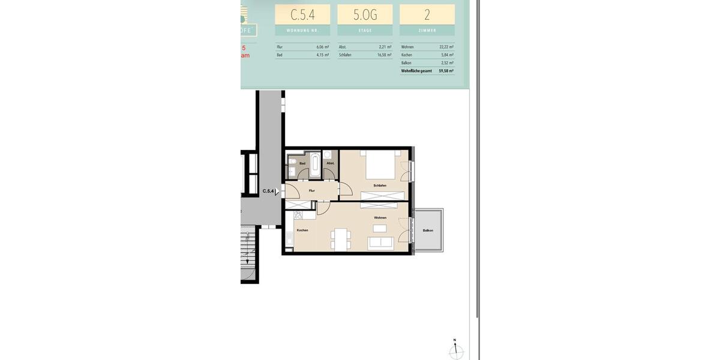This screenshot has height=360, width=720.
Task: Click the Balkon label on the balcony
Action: pyautogui.click(x=427, y=230)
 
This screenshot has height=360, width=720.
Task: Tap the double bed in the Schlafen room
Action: pyautogui.click(x=379, y=165)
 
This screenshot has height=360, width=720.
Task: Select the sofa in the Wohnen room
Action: pyautogui.click(x=380, y=242)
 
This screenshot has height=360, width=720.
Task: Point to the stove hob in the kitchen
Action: pyautogui.click(x=300, y=215)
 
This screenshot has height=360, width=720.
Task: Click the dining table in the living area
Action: pyautogui.click(x=341, y=239)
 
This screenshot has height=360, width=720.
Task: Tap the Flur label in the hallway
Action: pyautogui.click(x=311, y=191)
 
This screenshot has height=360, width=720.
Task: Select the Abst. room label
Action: pyautogui.click(x=330, y=163)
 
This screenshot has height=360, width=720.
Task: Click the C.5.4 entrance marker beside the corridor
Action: pyautogui.click(x=268, y=191)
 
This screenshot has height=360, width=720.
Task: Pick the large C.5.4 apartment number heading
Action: pyautogui.click(x=302, y=14)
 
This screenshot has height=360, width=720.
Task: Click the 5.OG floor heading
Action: pyautogui.click(x=365, y=14)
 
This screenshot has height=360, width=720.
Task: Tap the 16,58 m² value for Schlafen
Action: pyautogui.click(x=385, y=55)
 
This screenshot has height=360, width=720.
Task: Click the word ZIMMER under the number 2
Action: pyautogui.click(x=427, y=30)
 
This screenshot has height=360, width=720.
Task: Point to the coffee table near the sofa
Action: pyautogui.click(x=379, y=228)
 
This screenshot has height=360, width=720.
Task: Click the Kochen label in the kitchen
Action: pyautogui.click(x=302, y=230)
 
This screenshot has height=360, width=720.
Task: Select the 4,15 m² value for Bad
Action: pyautogui.click(x=322, y=55)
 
